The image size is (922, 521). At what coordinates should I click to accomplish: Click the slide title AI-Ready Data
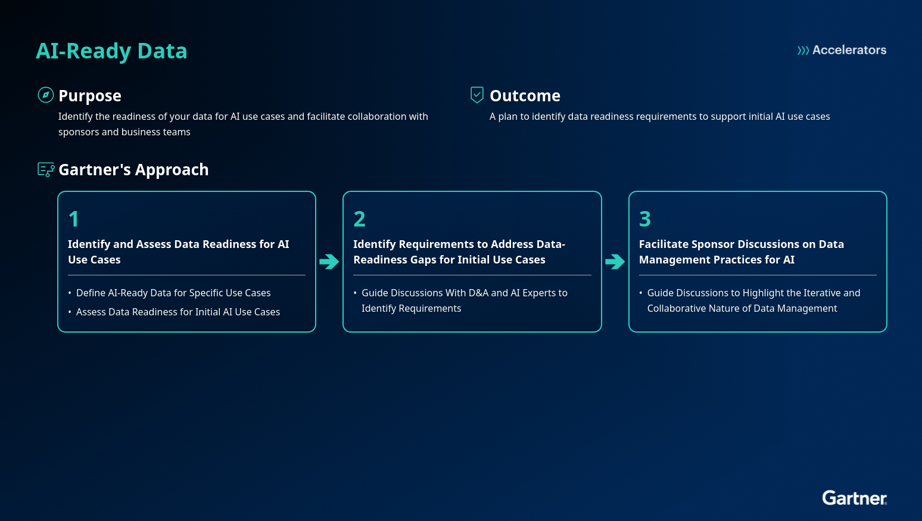pos(111,51)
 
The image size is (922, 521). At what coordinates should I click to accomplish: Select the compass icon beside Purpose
pos(46,95)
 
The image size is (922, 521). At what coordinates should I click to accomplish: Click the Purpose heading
pos(90,96)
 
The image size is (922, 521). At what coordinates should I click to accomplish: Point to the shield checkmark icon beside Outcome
pos(477,95)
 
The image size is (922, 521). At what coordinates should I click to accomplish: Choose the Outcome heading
pos(525,96)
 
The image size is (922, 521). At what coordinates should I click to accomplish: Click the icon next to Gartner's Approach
pos(46,170)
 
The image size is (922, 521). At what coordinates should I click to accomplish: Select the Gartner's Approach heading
pos(133,170)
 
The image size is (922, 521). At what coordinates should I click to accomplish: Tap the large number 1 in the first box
pos(74,219)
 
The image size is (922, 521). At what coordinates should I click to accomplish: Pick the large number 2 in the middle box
pos(359,219)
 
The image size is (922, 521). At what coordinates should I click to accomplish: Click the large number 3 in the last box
pos(645,219)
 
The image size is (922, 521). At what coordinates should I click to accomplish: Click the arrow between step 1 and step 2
pos(329,262)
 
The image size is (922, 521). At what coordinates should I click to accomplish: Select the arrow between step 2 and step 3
pos(615,262)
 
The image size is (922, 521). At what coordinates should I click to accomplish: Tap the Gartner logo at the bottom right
pos(854,498)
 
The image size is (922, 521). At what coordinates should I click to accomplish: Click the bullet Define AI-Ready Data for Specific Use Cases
pos(173,293)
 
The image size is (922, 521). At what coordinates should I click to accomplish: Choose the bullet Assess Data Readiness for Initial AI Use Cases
pos(177,312)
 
